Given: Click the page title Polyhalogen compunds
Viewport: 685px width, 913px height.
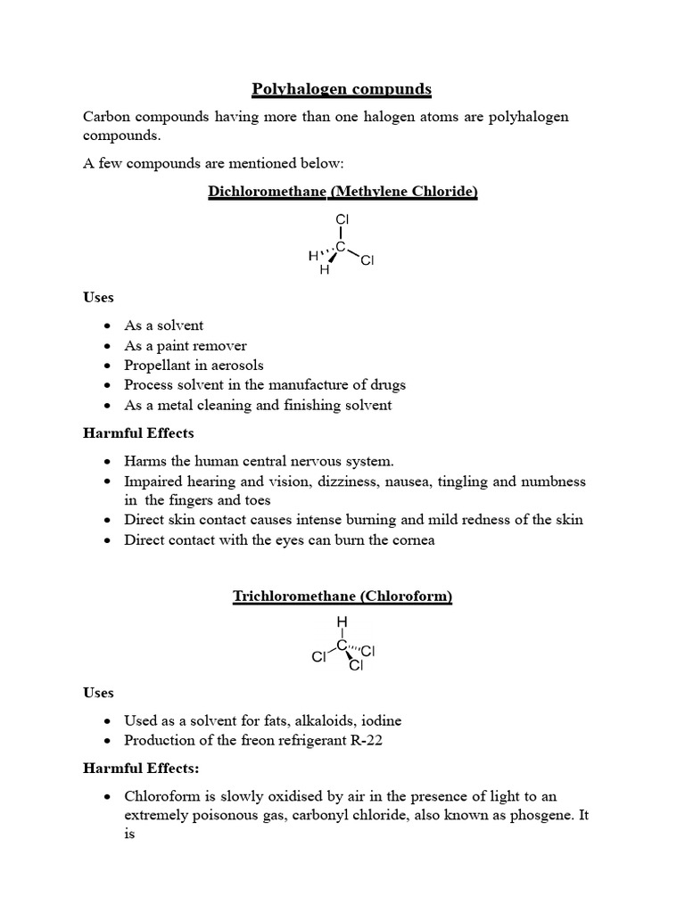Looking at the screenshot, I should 342,89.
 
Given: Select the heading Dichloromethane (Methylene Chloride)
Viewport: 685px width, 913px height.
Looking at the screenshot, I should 342,192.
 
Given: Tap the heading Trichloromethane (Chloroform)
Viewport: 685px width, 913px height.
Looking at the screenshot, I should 342,596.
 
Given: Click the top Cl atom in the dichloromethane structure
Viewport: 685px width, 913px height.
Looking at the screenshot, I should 342,219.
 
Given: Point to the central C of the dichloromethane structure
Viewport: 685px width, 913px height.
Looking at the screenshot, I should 341,246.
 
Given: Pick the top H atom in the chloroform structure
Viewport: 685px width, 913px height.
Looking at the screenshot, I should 342,621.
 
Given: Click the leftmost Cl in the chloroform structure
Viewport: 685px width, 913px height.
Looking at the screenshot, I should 318,657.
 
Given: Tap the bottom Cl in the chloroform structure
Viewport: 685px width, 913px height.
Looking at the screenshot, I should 356,665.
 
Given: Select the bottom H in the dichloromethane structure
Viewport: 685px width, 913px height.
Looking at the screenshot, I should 325,270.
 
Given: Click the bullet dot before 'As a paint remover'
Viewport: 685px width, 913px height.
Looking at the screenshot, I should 108,346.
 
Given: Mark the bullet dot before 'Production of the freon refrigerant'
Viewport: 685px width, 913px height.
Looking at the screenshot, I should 108,741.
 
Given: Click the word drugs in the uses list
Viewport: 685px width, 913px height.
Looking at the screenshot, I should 386,385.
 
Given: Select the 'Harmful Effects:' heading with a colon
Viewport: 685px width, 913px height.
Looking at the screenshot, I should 140,767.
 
